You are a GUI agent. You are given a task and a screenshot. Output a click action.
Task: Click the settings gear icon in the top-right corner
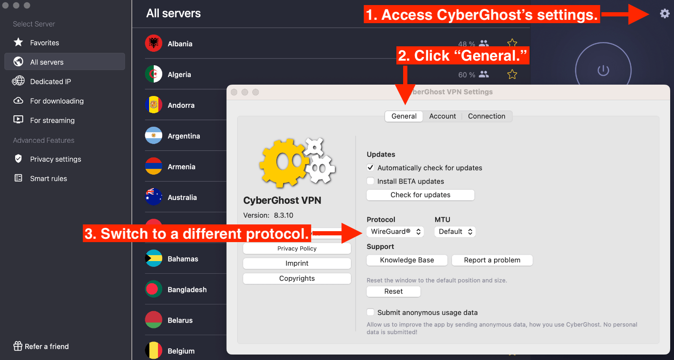tap(665, 13)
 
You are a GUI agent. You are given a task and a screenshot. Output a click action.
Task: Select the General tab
tap(404, 116)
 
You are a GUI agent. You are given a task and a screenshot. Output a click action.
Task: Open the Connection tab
tap(487, 116)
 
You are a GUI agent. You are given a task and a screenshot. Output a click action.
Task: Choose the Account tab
tap(442, 116)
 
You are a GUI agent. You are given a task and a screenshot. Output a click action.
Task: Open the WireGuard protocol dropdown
tap(395, 232)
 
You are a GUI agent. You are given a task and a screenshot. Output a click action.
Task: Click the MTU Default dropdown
tap(455, 232)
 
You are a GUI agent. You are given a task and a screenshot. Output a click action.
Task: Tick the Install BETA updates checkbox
tap(370, 181)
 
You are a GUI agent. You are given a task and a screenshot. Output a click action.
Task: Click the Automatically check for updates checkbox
tap(370, 168)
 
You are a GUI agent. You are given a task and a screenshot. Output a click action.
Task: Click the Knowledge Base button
tap(407, 260)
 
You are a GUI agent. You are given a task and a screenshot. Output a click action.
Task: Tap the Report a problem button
tap(492, 260)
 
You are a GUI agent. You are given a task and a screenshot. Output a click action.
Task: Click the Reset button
tap(393, 291)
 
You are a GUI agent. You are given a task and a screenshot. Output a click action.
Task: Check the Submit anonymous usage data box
tap(370, 312)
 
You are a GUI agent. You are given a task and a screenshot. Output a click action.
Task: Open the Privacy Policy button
tap(297, 248)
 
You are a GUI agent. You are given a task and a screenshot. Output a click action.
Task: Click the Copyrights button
tap(297, 278)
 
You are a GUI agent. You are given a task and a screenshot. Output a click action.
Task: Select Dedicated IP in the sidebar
tap(51, 82)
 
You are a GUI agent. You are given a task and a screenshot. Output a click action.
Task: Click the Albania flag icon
tap(153, 43)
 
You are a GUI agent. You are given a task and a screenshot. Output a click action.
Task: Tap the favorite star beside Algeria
tap(512, 74)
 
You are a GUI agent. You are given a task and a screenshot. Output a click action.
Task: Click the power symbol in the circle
tap(603, 71)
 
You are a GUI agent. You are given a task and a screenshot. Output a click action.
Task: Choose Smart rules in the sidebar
tap(48, 179)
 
